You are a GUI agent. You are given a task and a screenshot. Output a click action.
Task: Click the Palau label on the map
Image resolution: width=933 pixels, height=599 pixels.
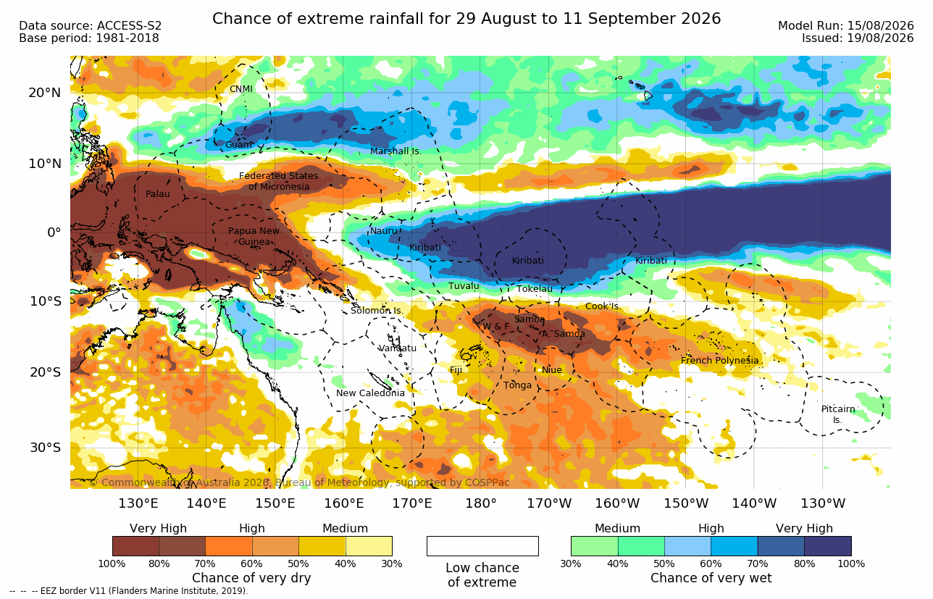click(x=157, y=193)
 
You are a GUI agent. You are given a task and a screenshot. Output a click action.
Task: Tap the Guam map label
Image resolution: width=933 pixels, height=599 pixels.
click(x=238, y=145)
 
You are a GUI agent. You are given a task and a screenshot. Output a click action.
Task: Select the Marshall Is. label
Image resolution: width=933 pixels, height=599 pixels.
click(x=396, y=151)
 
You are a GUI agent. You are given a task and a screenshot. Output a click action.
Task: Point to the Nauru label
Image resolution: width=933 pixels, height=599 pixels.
click(x=384, y=231)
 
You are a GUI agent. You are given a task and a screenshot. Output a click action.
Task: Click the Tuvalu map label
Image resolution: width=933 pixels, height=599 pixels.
click(x=464, y=286)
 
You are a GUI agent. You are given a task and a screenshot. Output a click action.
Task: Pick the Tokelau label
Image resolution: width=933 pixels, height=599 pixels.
click(x=535, y=289)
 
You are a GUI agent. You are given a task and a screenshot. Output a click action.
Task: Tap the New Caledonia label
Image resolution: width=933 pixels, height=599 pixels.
click(x=370, y=393)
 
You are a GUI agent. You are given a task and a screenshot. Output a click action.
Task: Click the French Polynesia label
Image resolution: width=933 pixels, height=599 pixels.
click(x=720, y=360)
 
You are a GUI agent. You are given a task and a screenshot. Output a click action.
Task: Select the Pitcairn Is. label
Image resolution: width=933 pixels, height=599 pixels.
click(x=838, y=414)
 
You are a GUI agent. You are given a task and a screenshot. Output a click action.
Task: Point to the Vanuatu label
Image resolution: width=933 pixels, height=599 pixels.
click(x=398, y=348)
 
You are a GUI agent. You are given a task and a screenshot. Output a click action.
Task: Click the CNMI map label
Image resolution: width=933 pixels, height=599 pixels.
click(x=241, y=89)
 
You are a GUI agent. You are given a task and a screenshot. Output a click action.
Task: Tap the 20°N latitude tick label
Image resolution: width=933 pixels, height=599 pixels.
click(x=45, y=93)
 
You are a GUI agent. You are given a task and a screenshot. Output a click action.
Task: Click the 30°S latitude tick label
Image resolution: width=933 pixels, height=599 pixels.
click(x=46, y=448)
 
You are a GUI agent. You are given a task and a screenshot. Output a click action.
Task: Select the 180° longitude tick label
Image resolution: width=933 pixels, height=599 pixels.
click(x=481, y=503)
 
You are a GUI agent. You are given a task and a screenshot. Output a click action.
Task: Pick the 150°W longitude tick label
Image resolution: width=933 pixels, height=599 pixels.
click(x=686, y=503)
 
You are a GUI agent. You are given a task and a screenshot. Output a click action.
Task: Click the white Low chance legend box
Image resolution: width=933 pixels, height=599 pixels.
click(x=482, y=546)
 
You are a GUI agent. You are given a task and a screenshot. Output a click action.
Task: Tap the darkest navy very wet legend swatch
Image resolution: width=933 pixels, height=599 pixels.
click(x=828, y=546)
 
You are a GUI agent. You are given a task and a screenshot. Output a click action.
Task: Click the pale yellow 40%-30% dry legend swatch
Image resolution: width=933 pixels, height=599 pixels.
click(x=369, y=546)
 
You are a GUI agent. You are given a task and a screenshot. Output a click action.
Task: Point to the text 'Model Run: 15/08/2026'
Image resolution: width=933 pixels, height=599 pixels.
click(x=846, y=26)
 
